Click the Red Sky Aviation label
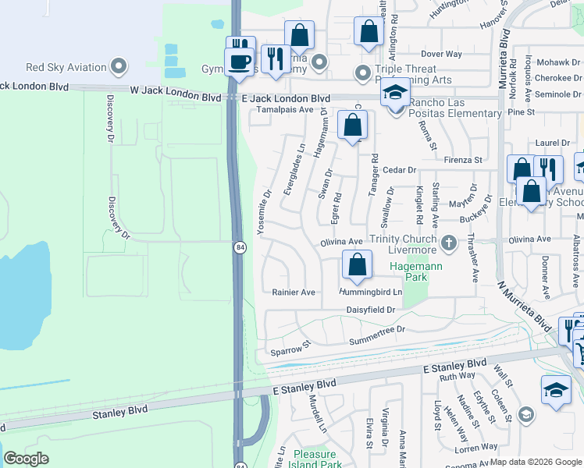(x=66, y=67)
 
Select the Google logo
(x=26, y=459)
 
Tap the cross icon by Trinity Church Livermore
(x=448, y=243)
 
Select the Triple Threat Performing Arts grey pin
(x=362, y=73)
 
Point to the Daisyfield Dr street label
(x=372, y=310)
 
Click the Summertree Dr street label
(x=378, y=330)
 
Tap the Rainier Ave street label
(x=294, y=292)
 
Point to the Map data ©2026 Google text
(x=536, y=462)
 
